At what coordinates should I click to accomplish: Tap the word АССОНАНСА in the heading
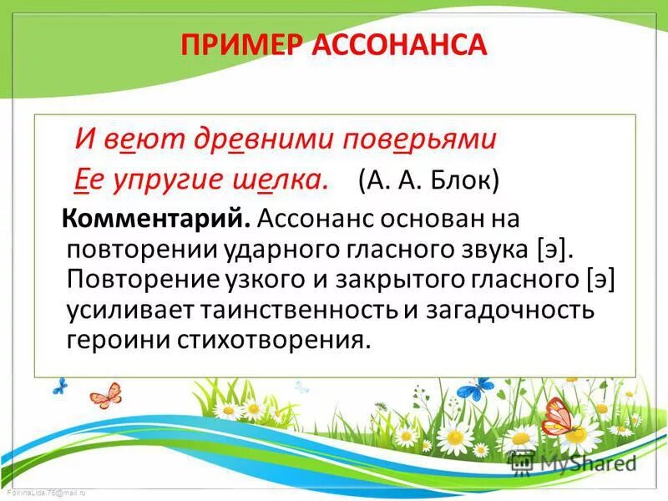point(398,43)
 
